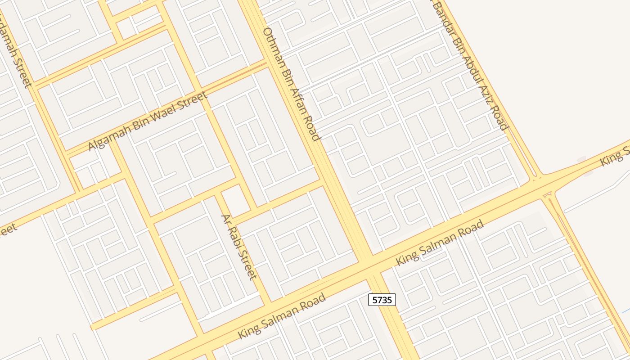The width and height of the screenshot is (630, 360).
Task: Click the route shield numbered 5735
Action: [382, 300]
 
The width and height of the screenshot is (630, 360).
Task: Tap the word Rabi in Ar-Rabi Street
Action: [234, 238]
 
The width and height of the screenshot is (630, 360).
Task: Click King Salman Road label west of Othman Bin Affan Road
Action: [281, 316]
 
